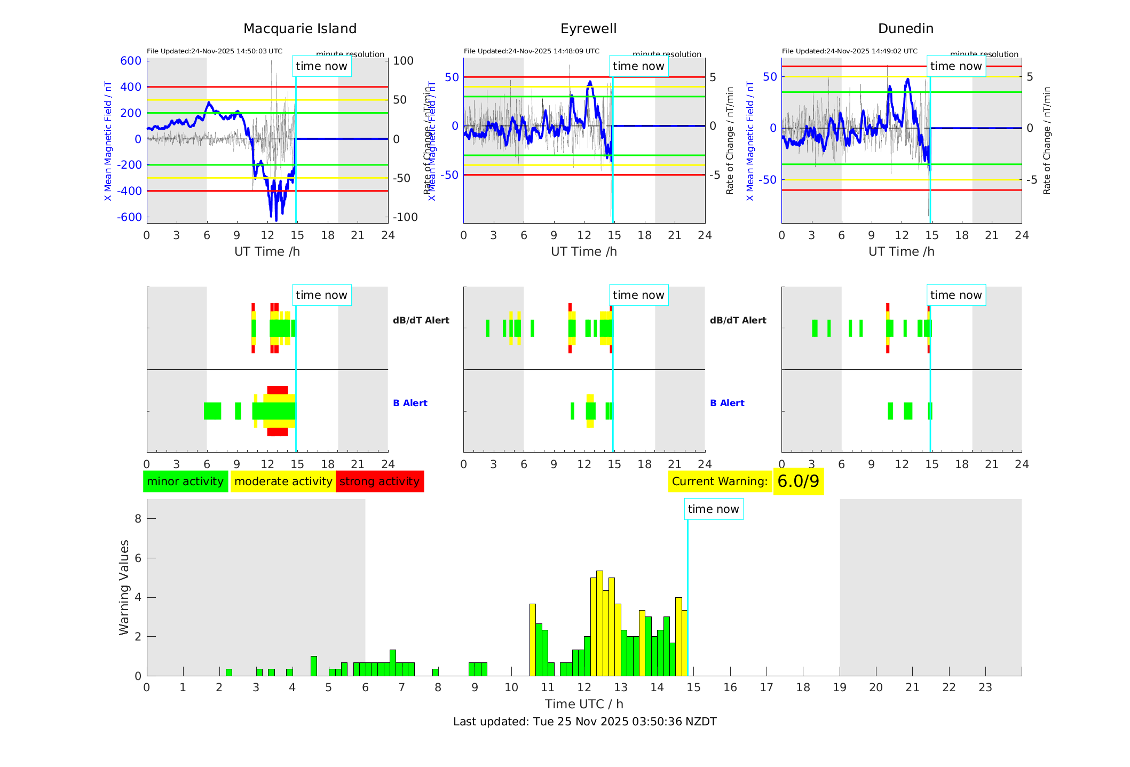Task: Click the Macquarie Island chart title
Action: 299,29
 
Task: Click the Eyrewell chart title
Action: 588,29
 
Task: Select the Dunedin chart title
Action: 905,29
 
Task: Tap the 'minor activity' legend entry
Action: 185,481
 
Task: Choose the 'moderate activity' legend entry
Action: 283,481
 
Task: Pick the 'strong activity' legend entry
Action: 380,481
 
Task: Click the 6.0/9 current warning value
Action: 798,481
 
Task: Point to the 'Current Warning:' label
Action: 720,481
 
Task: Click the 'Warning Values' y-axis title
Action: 124,587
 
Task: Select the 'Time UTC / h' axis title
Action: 584,704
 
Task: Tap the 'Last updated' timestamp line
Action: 584,722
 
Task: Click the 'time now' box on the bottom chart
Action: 713,509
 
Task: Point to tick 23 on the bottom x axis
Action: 985,687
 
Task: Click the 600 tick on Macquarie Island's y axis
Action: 131,61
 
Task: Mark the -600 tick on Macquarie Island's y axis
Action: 129,217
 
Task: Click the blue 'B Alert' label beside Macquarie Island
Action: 410,403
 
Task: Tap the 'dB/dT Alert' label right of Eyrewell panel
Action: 738,320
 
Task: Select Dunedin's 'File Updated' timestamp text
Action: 849,51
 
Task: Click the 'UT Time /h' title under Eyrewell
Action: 584,251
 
